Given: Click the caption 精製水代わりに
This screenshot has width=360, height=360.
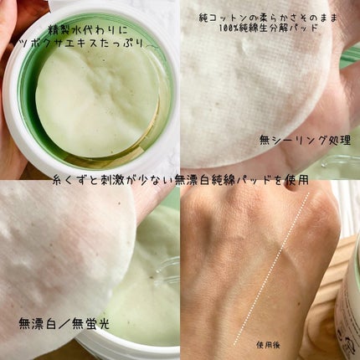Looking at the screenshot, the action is (x=88, y=29).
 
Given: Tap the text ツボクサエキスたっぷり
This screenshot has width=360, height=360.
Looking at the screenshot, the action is (x=81, y=44).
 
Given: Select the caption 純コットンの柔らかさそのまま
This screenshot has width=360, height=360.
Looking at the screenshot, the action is (x=268, y=18).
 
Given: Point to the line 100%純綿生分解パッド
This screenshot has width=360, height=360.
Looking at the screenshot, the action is (x=269, y=28).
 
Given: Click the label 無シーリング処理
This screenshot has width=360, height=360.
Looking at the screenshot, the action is (x=305, y=140).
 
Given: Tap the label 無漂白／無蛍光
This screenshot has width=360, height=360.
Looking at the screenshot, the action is (x=64, y=324).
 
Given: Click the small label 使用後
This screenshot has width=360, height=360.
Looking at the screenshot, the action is (x=268, y=345).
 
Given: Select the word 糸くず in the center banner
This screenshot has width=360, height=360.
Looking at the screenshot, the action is (x=70, y=181).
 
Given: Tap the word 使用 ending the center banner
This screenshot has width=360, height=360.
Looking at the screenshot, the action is (x=296, y=181).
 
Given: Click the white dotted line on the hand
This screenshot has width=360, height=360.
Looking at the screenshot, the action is (x=271, y=269).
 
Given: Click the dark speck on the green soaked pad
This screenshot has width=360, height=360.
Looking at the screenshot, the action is (x=152, y=277).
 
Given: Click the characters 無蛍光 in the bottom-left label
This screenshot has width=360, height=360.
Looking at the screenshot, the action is (x=90, y=324).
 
